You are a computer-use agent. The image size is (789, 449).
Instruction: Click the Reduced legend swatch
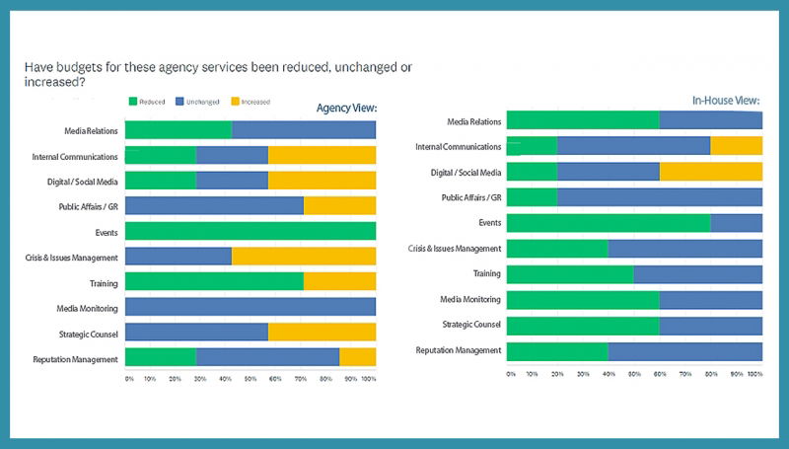(132, 101)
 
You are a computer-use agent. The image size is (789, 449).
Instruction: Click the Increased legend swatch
(235, 101)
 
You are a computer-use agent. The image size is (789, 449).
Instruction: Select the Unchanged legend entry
(197, 101)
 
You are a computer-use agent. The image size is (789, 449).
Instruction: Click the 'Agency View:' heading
(346, 108)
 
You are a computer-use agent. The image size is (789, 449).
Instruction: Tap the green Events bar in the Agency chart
(251, 232)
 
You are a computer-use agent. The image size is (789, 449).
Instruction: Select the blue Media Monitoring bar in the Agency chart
(251, 308)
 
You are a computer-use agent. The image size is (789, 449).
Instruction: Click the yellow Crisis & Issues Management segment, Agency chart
(304, 258)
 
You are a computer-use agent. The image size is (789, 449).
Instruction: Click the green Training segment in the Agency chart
(214, 283)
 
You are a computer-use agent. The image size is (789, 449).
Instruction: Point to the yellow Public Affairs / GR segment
(339, 206)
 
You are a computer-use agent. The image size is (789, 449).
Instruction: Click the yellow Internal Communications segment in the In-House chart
(736, 146)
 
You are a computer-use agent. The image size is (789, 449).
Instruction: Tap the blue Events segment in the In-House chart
(736, 223)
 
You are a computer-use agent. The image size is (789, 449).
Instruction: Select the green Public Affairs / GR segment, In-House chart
(532, 197)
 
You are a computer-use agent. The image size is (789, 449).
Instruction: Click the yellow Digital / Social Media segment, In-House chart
(710, 172)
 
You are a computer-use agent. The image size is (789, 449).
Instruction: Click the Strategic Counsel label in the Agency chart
(89, 334)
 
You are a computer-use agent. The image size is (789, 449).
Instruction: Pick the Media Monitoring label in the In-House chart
(470, 299)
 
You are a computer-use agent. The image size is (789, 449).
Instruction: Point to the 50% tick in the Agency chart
(250, 379)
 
